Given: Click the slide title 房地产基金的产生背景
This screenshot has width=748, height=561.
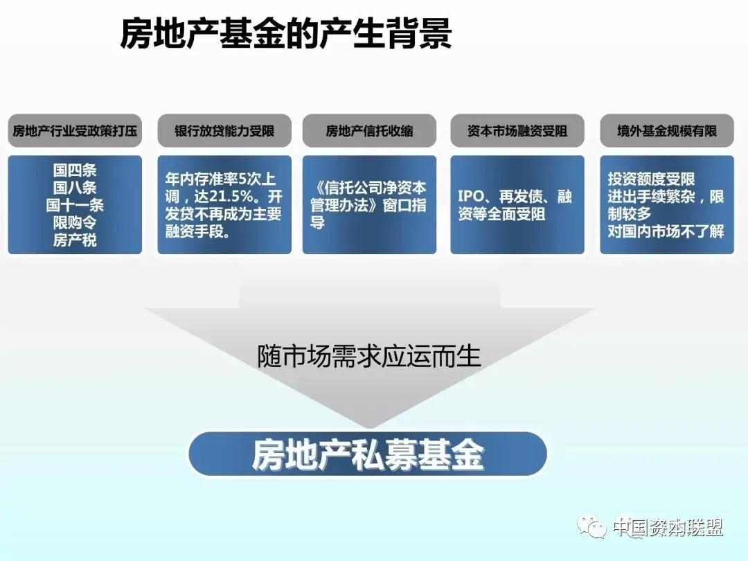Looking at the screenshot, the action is pyautogui.click(x=286, y=34).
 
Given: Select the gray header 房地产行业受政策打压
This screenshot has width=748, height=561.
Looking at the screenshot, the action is pyautogui.click(x=75, y=131).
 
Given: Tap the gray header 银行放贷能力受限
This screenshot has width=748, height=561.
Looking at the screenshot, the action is pyautogui.click(x=224, y=131).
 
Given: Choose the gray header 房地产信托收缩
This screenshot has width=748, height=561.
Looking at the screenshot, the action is pyautogui.click(x=369, y=131).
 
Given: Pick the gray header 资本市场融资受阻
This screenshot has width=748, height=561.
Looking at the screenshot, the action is pyautogui.click(x=517, y=131).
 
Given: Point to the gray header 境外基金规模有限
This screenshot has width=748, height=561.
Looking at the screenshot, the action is pyautogui.click(x=667, y=131).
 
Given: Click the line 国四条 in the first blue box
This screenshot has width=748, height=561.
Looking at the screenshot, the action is pyautogui.click(x=75, y=170).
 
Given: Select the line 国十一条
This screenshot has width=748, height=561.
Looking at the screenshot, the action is pyautogui.click(x=75, y=205).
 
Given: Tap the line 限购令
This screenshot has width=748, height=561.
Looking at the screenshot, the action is pyautogui.click(x=75, y=222).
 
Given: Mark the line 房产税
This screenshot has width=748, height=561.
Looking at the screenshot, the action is pyautogui.click(x=75, y=240).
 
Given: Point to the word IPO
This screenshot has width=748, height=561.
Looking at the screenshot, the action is pyautogui.click(x=471, y=197).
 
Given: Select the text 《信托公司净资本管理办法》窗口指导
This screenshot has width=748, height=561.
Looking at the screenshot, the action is pyautogui.click(x=368, y=205).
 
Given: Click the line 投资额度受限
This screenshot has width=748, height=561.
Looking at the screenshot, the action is pyautogui.click(x=651, y=179).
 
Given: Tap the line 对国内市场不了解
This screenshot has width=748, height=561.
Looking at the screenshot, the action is pyautogui.click(x=666, y=231).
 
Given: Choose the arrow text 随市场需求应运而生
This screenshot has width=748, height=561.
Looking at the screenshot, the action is pyautogui.click(x=368, y=357).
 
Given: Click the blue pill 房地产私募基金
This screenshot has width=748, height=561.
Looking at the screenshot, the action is pyautogui.click(x=368, y=454).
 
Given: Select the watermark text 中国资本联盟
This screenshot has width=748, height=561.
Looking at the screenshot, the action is pyautogui.click(x=668, y=527).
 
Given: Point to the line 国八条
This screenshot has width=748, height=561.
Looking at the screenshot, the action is pyautogui.click(x=75, y=188).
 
